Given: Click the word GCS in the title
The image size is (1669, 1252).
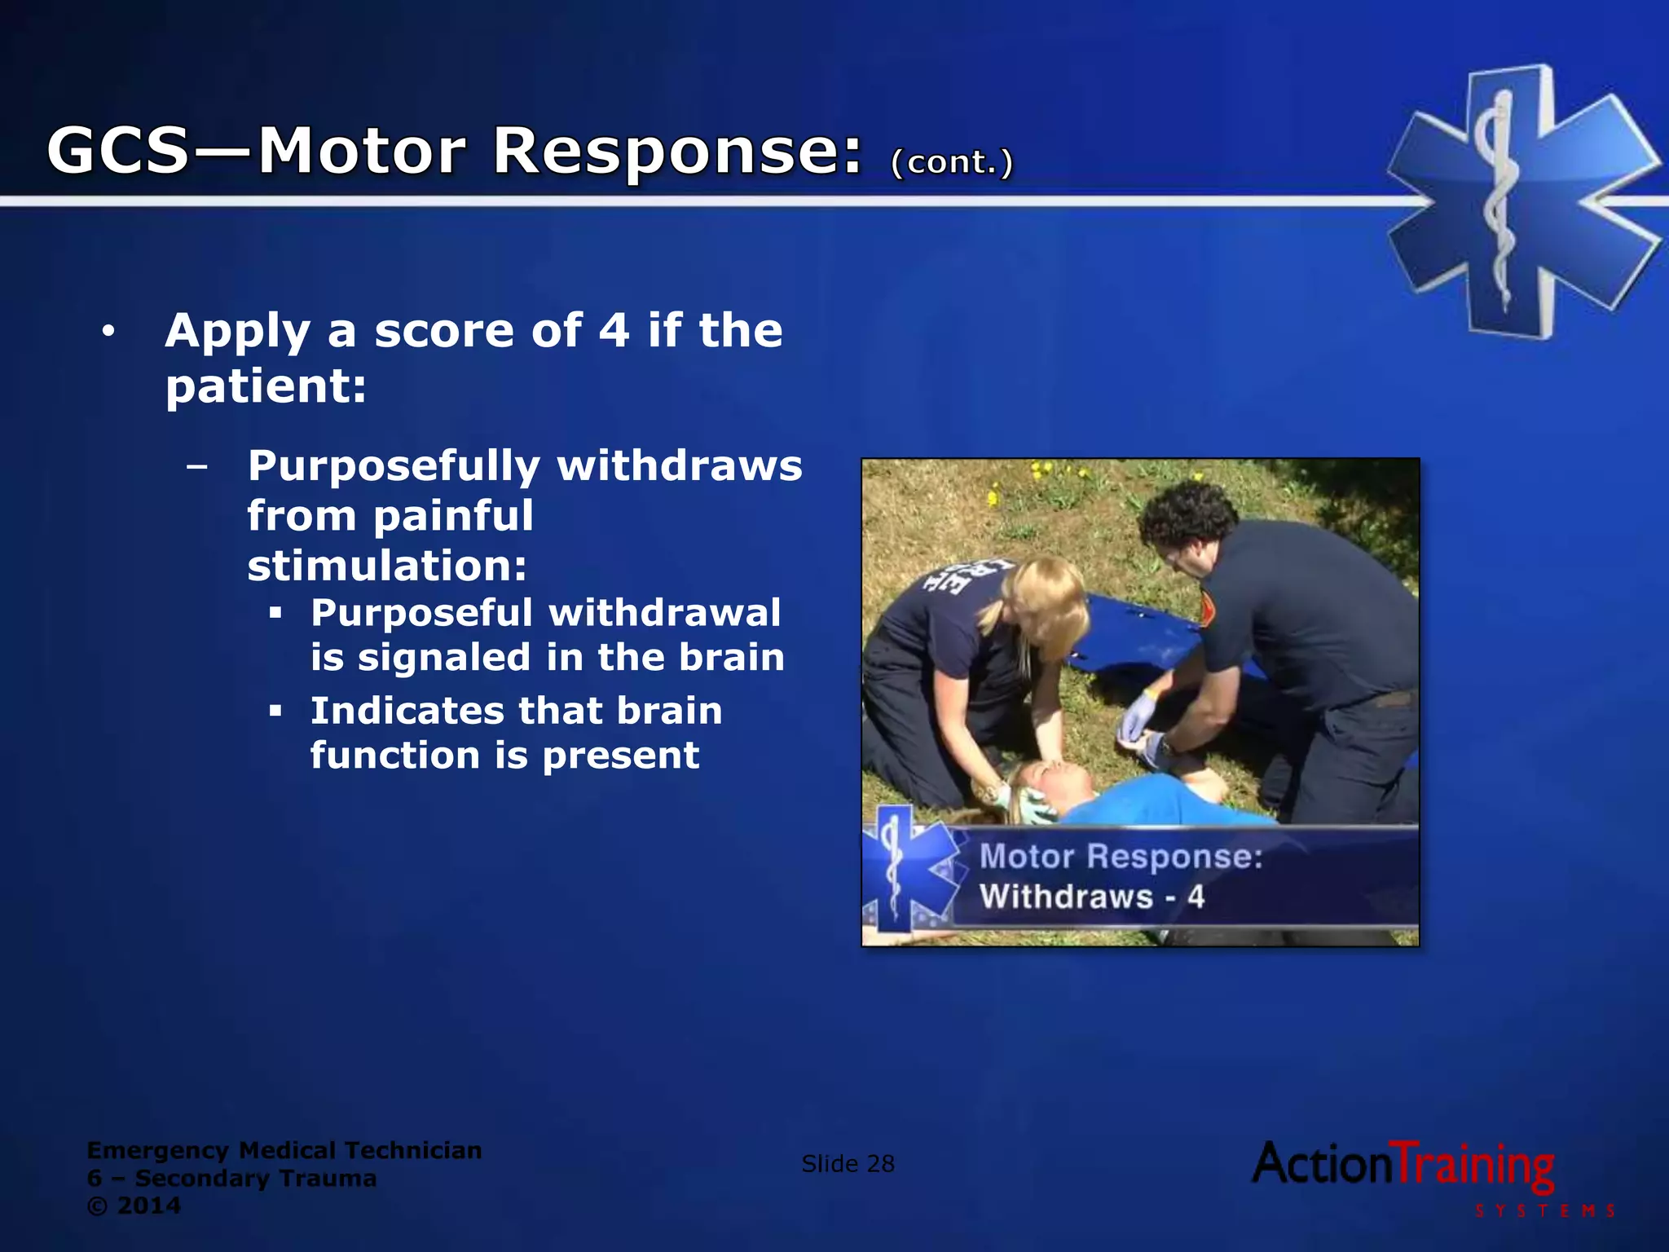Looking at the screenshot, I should [x=118, y=151].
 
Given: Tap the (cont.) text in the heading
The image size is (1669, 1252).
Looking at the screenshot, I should [x=952, y=162].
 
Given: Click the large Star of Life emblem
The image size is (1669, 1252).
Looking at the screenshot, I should [x=1522, y=201].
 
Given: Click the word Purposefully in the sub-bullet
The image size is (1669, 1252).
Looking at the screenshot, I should [x=394, y=466].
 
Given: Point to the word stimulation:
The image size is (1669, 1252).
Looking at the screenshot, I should [x=387, y=566].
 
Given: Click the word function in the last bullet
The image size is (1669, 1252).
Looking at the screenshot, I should [x=394, y=756].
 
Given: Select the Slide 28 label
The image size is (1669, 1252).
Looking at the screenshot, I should [x=848, y=1164].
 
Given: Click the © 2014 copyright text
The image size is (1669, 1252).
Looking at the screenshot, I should [x=134, y=1206].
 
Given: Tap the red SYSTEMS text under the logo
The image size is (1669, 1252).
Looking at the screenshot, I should [x=1544, y=1211].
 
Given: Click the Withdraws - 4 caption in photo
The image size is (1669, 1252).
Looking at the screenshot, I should [x=1091, y=897].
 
